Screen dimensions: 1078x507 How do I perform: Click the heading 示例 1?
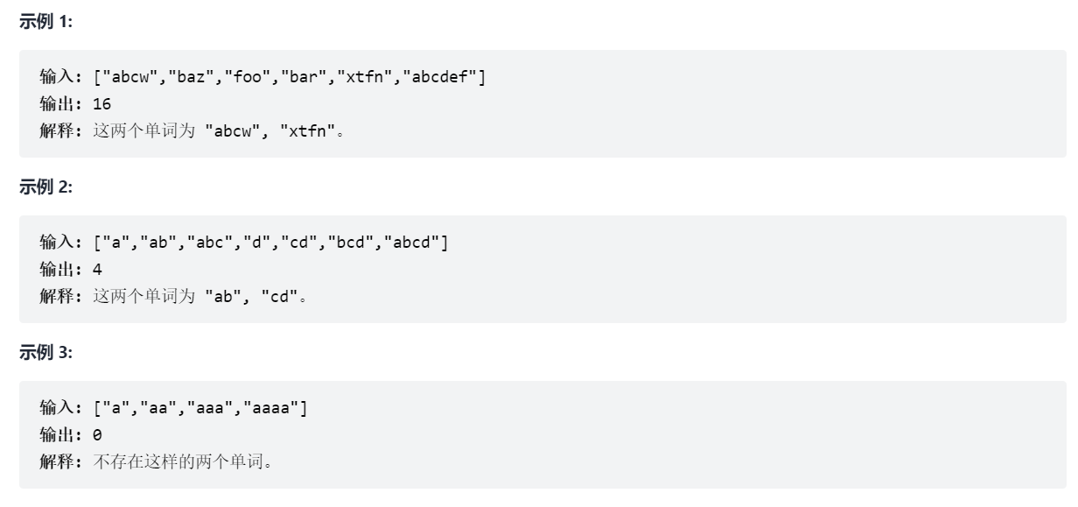[x=46, y=24]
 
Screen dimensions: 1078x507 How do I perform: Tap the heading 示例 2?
[x=46, y=189]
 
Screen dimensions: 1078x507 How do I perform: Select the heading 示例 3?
[x=46, y=354]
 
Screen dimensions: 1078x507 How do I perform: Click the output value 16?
[x=101, y=104]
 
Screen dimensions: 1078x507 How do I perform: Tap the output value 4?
[x=97, y=270]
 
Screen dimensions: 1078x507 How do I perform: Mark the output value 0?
[x=97, y=434]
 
